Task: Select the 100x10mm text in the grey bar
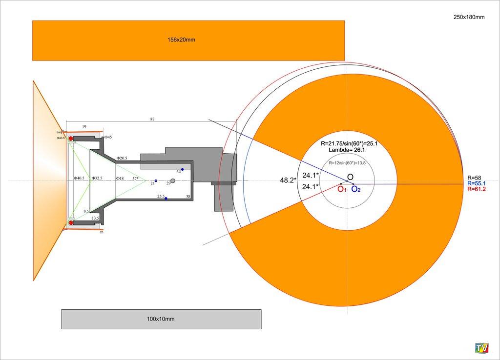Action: click(x=161, y=319)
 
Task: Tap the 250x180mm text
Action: click(x=469, y=18)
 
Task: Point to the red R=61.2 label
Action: click(x=476, y=189)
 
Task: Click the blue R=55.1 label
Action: click(x=476, y=183)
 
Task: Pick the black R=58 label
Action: click(x=474, y=178)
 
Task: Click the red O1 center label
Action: click(x=342, y=189)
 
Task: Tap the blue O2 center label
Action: click(x=356, y=189)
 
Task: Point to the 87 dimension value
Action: click(x=152, y=119)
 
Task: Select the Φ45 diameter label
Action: click(x=108, y=138)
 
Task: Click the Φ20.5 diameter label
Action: click(x=122, y=159)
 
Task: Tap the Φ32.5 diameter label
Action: click(x=97, y=179)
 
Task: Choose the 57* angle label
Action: click(x=135, y=179)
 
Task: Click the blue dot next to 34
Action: click(x=183, y=170)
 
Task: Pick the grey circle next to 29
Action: click(x=173, y=181)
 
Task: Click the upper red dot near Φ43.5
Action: click(x=71, y=139)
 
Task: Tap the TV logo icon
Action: click(x=482, y=348)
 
